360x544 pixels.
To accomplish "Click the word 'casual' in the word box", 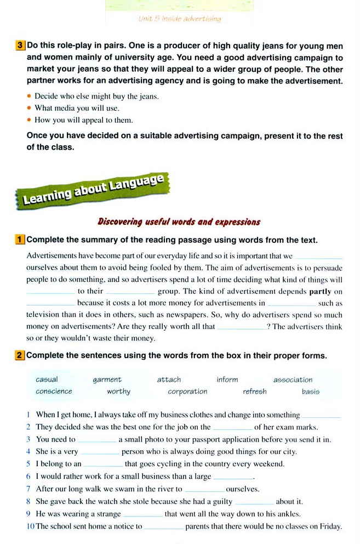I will pos(47,379).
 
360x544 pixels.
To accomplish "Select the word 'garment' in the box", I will pos(107,379).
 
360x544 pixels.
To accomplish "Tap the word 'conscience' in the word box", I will pos(54,392).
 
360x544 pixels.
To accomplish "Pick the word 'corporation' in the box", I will pos(187,392).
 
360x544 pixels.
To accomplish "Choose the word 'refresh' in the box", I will pos(255,392).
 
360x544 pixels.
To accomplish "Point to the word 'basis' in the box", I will pos(310,392).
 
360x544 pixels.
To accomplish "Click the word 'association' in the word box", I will pos(293,379).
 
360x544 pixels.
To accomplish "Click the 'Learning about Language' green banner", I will pos(93,189).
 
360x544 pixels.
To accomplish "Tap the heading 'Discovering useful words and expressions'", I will pos(179,222).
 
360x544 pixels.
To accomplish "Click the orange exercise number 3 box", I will pos(20,46).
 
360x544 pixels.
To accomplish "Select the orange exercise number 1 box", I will pos(20,240).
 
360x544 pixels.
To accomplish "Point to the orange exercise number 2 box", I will pos(20,355).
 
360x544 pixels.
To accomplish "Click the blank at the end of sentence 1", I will pos(321,415).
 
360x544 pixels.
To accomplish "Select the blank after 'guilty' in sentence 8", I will pos(254,501).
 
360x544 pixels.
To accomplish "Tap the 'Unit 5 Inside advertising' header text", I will pos(180,19).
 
